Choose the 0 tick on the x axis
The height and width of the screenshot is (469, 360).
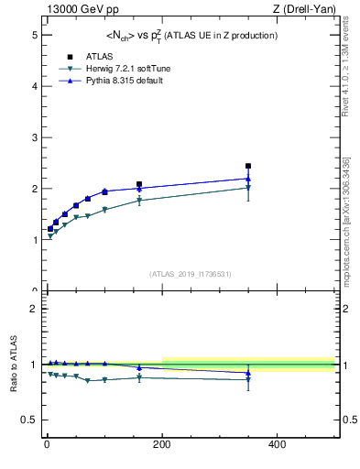46,444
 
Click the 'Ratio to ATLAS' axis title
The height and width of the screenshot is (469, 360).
13,365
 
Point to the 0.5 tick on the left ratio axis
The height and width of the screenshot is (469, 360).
28,420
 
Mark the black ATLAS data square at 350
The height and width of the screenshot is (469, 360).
248,166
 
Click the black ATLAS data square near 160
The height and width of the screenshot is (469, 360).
139,184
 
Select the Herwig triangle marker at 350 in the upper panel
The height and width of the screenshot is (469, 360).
248,188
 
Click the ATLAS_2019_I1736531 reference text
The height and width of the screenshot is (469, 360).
190,274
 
